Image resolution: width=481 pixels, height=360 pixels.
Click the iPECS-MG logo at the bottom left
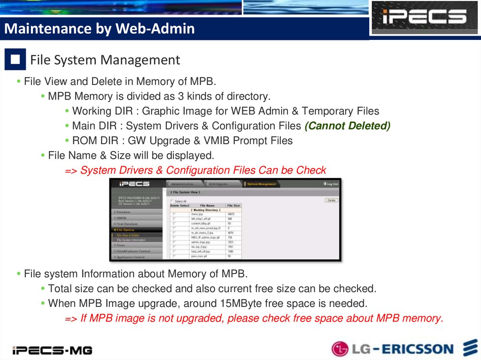tap(52, 350)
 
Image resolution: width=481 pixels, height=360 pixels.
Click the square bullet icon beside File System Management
tap(15, 60)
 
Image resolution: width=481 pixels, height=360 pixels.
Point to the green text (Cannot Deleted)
tap(347, 126)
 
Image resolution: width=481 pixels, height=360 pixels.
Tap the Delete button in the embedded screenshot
tap(331, 200)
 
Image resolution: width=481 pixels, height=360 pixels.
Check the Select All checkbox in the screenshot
tap(173, 201)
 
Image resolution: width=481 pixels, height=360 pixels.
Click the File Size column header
tap(233, 206)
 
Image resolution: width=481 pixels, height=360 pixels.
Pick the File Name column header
tap(207, 206)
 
